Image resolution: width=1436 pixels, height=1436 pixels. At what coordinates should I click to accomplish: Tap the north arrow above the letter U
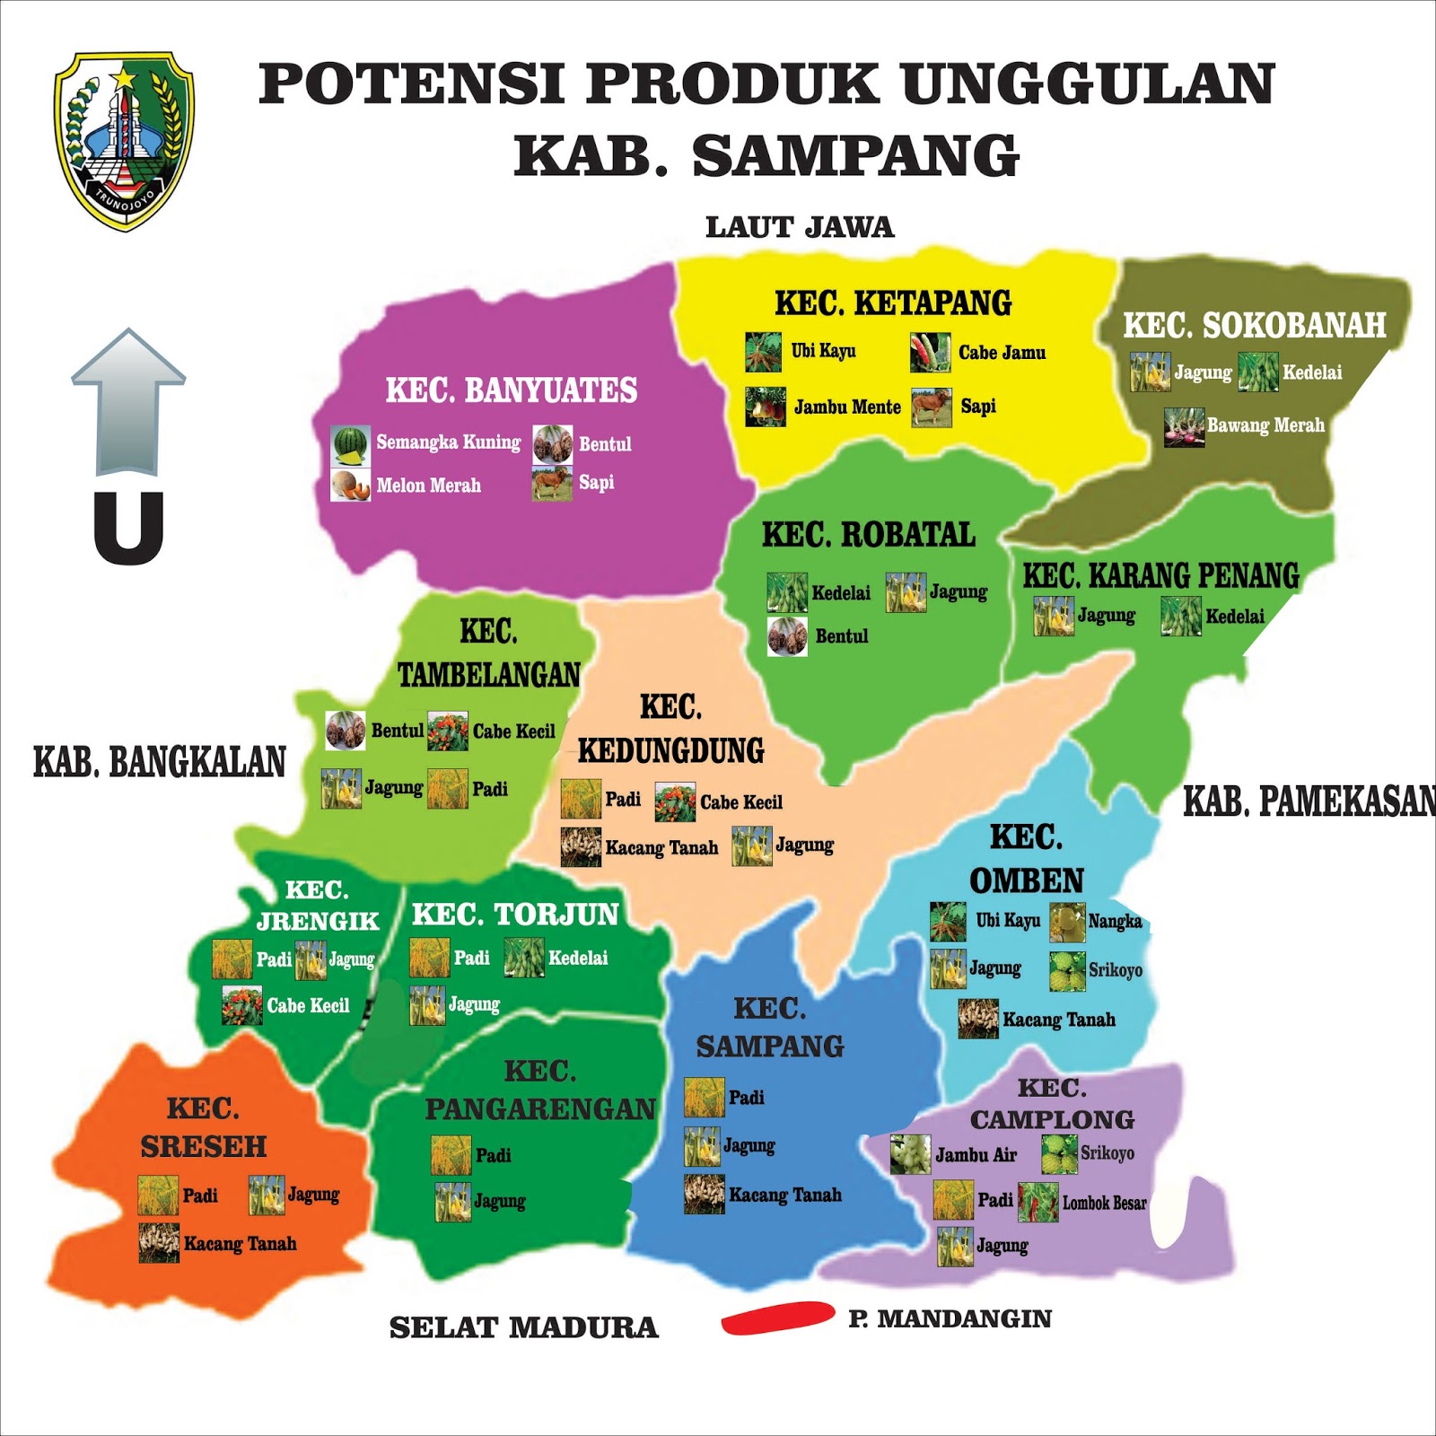coord(128,401)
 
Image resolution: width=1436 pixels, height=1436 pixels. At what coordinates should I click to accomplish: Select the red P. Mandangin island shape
coord(777,1318)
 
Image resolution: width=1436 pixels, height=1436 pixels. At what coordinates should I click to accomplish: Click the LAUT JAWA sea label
coord(800,227)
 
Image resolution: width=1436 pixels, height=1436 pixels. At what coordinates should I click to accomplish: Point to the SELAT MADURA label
coord(523,1327)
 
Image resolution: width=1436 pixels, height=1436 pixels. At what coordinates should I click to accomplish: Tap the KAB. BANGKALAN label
coord(159,762)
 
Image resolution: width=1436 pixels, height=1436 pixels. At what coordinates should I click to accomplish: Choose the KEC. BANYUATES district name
coord(511,390)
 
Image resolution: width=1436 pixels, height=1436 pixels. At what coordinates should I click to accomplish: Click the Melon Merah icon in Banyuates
coord(350,486)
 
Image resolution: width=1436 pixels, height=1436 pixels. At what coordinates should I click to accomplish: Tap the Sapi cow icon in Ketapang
coord(932,407)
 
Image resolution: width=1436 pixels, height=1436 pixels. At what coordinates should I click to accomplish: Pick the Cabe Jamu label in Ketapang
coord(1002,353)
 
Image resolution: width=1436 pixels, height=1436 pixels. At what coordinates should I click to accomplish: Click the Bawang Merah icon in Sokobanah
coord(1184,427)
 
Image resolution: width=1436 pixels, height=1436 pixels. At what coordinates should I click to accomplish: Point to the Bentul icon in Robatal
coord(787,636)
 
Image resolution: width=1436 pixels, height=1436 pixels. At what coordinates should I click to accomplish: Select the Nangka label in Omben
coord(1115,921)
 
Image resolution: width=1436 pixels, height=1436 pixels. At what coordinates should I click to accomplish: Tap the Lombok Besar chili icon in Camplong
coord(1038,1203)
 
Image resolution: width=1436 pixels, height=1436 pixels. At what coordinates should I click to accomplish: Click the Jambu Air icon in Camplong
coord(910,1155)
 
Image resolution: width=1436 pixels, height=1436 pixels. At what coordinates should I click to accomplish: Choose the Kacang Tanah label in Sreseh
coord(240,1244)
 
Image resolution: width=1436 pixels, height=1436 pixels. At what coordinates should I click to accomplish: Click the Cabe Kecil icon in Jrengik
coord(241,1006)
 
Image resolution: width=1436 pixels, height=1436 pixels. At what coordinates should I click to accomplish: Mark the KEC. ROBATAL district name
coord(868,535)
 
